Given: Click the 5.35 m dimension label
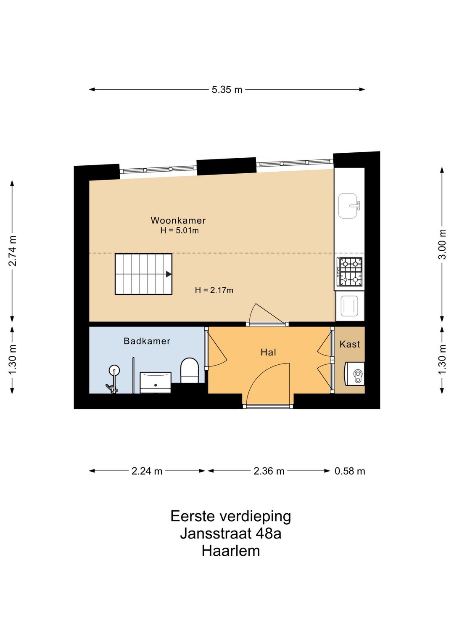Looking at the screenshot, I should click(x=227, y=90).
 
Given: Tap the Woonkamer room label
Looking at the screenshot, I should click(x=178, y=220).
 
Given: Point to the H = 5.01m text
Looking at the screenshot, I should click(x=179, y=231).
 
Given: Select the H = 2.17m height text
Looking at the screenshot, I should click(x=214, y=290).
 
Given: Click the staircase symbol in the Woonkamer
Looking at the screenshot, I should click(x=143, y=274).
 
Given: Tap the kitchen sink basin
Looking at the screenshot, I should click(x=348, y=206).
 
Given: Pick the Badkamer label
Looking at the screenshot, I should click(x=147, y=341).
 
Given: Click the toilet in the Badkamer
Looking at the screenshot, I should click(x=189, y=370).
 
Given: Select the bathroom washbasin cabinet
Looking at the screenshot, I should click(x=155, y=382).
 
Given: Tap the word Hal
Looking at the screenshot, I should click(x=268, y=353).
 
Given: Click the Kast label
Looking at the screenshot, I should click(x=350, y=345).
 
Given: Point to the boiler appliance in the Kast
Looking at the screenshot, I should click(x=354, y=374).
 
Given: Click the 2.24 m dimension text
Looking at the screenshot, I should click(x=147, y=471).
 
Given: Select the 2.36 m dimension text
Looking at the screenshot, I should click(x=269, y=471).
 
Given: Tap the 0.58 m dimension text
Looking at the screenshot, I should click(x=350, y=471).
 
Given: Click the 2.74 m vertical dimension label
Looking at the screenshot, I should click(x=13, y=251).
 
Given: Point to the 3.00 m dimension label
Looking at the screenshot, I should click(x=442, y=244).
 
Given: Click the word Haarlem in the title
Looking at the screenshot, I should click(x=230, y=551).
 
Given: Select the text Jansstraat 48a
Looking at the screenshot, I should click(x=230, y=533).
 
